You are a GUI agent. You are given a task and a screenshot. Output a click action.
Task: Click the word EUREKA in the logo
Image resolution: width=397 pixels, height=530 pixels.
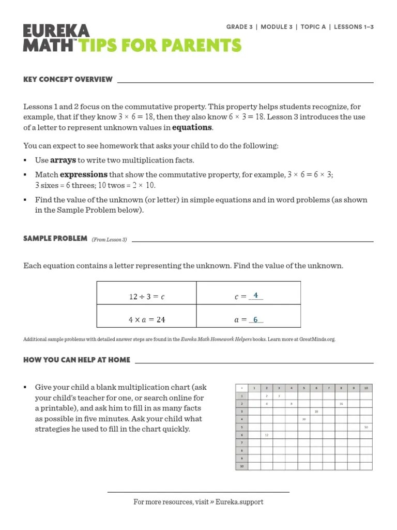pyautogui.click(x=56, y=31)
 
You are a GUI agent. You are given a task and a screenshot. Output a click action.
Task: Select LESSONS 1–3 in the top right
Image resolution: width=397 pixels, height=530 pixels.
pyautogui.click(x=354, y=27)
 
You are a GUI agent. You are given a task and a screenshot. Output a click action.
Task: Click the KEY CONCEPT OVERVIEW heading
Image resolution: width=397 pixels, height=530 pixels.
pyautogui.click(x=68, y=79)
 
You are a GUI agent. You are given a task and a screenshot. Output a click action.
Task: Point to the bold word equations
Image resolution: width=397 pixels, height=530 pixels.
pyautogui.click(x=192, y=127)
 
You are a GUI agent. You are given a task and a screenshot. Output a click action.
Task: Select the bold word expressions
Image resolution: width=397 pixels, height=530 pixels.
pyautogui.click(x=84, y=175)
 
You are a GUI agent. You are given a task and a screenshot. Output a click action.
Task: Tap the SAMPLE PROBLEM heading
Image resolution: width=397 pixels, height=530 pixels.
pyautogui.click(x=55, y=239)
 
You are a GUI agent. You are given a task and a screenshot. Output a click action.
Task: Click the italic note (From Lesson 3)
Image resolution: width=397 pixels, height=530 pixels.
pyautogui.click(x=109, y=240)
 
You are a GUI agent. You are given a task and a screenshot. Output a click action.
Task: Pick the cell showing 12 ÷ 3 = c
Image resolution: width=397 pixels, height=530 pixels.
pyautogui.click(x=146, y=297)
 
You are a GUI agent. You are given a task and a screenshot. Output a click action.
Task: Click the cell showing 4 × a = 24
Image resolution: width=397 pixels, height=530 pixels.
pyautogui.click(x=146, y=320)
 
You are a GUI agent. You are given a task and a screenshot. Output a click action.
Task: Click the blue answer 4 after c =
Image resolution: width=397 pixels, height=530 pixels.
pyautogui.click(x=255, y=296)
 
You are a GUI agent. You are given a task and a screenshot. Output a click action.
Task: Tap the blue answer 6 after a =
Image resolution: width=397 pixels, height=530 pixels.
pyautogui.click(x=255, y=319)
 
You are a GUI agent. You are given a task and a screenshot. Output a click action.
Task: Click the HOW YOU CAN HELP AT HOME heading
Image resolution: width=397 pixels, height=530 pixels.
pyautogui.click(x=77, y=360)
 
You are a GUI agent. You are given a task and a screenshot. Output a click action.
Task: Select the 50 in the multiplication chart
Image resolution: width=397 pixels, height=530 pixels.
pyautogui.click(x=365, y=427)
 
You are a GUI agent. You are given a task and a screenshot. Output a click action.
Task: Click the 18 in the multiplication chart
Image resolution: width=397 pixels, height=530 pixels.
pyautogui.click(x=316, y=411)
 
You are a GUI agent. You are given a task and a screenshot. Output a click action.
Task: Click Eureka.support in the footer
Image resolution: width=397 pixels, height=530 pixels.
pyautogui.click(x=239, y=502)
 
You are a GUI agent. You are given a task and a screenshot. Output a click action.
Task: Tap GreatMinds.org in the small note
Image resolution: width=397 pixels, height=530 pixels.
pyautogui.click(x=320, y=340)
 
